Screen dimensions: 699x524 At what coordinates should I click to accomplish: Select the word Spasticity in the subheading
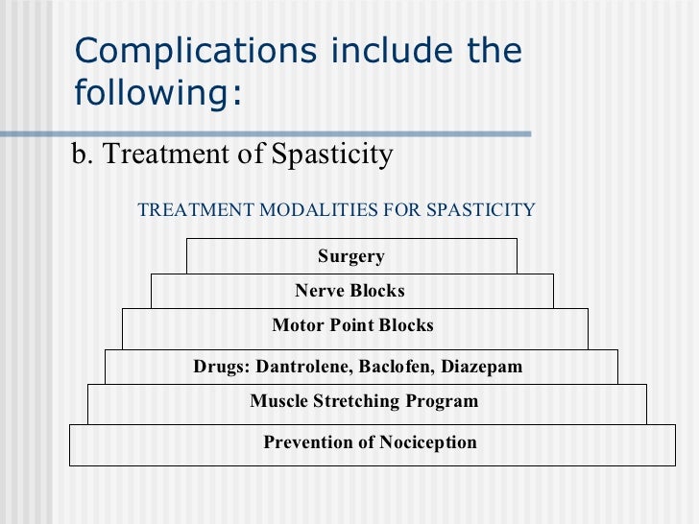coord(333,155)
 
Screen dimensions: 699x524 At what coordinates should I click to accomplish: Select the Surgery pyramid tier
coord(351,256)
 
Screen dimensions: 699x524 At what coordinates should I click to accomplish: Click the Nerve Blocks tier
coord(350,291)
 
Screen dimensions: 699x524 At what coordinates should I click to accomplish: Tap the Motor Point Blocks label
coord(352,325)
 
